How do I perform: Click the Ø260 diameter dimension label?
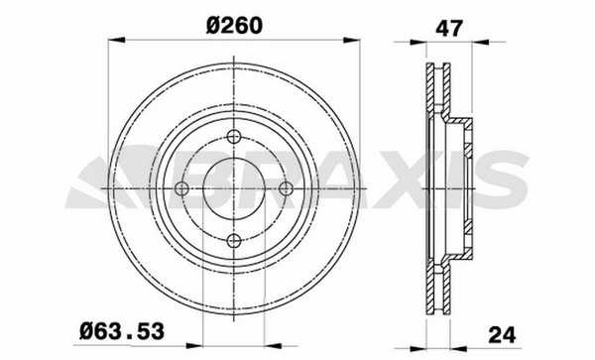[x=234, y=26]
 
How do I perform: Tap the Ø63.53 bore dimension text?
[x=122, y=331]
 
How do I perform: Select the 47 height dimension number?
[x=449, y=28]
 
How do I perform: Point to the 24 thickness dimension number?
[x=502, y=334]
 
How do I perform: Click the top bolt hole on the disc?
[x=234, y=136]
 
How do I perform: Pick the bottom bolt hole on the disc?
[x=234, y=240]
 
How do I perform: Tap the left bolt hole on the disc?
[x=181, y=188]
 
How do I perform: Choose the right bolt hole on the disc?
[x=286, y=188]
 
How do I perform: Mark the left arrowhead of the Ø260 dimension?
[x=116, y=40]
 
